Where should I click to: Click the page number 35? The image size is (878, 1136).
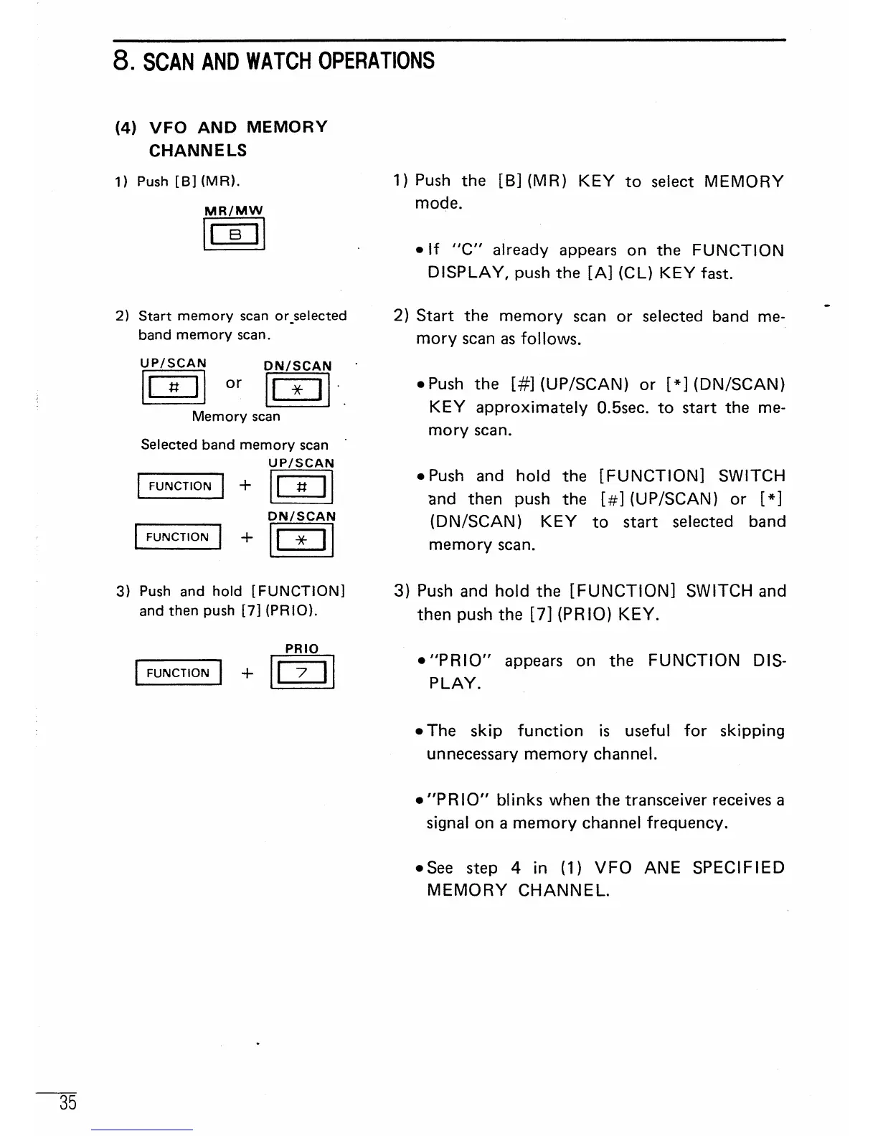click(x=68, y=1102)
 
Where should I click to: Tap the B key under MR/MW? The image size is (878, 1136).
click(x=235, y=235)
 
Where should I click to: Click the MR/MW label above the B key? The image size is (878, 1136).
click(x=234, y=210)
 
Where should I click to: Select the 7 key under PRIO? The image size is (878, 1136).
click(x=302, y=673)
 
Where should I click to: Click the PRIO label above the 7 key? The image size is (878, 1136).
click(x=302, y=648)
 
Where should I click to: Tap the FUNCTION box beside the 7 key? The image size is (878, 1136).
click(x=178, y=673)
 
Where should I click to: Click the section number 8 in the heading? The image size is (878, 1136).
click(x=121, y=61)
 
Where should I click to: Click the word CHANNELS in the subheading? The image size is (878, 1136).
click(x=198, y=151)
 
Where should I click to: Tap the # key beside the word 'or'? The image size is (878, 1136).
click(x=173, y=388)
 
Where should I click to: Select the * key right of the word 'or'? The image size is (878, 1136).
click(x=298, y=391)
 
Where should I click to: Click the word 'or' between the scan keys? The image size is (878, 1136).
click(x=234, y=383)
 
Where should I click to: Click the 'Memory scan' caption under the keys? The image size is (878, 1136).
click(x=236, y=417)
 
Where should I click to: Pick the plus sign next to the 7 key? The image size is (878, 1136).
click(x=247, y=673)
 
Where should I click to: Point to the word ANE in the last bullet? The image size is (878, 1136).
click(x=662, y=868)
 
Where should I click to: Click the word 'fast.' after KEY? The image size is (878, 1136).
click(x=714, y=273)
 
